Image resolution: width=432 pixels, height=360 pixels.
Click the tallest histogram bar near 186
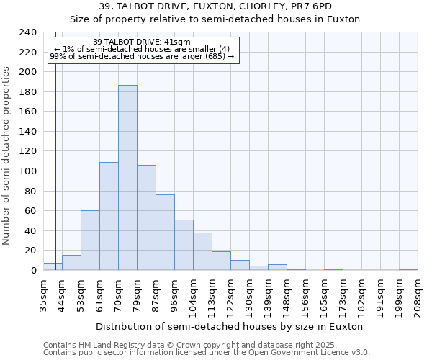(x=127, y=178)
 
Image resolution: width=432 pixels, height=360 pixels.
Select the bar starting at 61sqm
(x=109, y=216)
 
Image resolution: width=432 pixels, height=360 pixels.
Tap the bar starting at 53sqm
(x=90, y=240)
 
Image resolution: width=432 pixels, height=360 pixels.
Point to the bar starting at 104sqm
(x=202, y=251)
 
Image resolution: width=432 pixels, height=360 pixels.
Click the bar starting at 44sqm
(x=71, y=263)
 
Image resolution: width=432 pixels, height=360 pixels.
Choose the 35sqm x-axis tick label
(x=43, y=294)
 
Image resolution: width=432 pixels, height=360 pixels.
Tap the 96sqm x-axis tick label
(x=174, y=294)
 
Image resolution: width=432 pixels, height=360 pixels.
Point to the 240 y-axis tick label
(x=28, y=32)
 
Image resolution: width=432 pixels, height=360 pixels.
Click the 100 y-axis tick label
(x=28, y=171)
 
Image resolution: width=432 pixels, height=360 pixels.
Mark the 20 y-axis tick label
(x=30, y=251)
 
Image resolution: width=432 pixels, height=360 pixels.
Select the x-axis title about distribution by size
(x=229, y=327)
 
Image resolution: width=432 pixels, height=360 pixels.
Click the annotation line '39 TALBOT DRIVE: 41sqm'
(x=142, y=42)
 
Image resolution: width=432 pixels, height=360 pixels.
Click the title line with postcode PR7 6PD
(x=215, y=6)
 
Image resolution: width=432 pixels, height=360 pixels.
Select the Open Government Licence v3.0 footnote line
(x=207, y=352)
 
